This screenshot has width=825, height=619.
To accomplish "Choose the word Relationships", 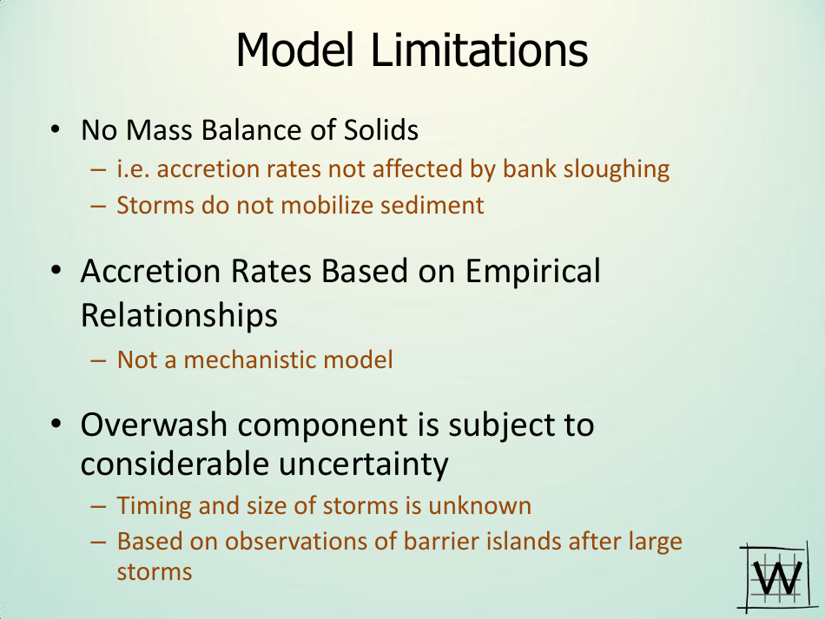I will coord(179,314).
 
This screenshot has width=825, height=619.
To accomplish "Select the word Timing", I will coord(148,505).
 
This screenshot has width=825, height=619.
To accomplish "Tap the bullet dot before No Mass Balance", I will coord(55,130).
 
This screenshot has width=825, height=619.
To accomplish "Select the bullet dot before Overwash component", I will coord(55,425).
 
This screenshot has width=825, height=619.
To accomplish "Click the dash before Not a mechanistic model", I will coord(98,359).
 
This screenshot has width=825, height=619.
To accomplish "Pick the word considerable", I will coord(174,464).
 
